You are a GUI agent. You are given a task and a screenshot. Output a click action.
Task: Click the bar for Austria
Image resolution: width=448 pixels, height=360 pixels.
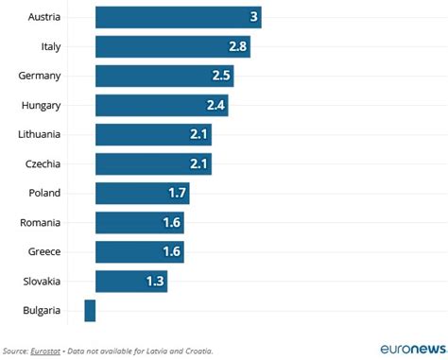pos(178,17)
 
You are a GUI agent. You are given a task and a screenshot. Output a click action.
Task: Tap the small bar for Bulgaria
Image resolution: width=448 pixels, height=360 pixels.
pos(90,310)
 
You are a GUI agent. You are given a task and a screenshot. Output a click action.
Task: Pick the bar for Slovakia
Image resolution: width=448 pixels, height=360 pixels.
pos(131,281)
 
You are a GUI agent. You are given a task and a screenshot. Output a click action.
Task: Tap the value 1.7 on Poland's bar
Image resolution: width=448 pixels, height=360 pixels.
pos(177,193)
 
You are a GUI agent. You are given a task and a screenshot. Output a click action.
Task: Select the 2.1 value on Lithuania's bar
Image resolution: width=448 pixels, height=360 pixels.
pos(198,134)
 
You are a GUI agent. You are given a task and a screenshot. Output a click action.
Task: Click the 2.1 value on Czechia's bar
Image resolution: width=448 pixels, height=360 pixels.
pos(198,163)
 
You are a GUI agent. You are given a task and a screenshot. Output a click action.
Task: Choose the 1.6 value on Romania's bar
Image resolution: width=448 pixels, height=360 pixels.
pos(171,222)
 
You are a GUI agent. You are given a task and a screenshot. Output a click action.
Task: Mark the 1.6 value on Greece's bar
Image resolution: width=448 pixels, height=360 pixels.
pos(171,251)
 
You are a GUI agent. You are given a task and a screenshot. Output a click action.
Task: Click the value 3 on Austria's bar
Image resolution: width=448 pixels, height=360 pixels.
pos(253,17)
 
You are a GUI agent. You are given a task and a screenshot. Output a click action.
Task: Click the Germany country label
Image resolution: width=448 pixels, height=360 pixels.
pos(40,76)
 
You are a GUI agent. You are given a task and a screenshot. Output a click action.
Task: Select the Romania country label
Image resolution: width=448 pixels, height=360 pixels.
pos(41,222)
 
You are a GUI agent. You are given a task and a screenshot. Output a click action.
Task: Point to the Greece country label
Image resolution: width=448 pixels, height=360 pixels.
pos(43,251)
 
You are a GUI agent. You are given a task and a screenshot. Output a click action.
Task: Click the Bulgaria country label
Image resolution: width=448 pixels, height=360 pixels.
pos(42,310)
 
